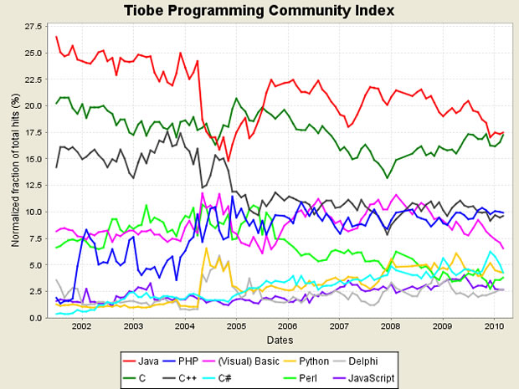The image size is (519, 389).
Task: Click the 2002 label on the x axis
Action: pyautogui.click(x=81, y=327)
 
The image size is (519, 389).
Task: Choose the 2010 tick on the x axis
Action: pyautogui.click(x=494, y=327)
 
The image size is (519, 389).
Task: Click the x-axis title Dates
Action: pyautogui.click(x=278, y=340)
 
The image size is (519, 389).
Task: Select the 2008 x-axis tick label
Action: pyautogui.click(x=391, y=327)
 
